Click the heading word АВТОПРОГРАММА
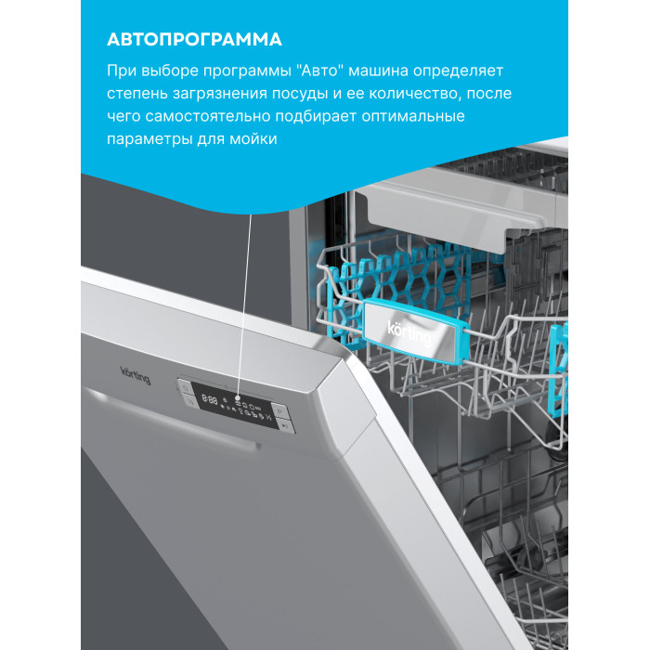tap(194, 39)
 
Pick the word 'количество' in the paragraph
tap(414, 93)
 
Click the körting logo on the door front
tap(136, 375)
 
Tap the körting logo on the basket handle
tap(409, 332)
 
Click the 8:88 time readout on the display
tap(210, 399)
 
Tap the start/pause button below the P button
tap(285, 425)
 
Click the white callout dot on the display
tap(238, 397)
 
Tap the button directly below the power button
tap(190, 401)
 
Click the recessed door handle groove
tap(170, 418)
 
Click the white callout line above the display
tap(244, 305)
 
